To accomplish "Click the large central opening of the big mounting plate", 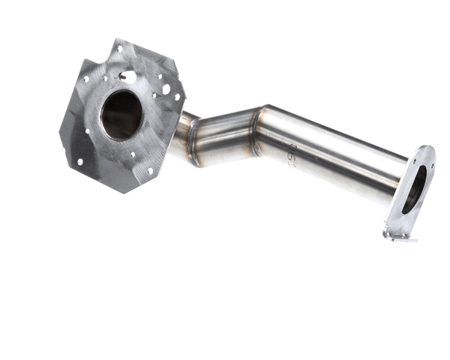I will pyautogui.click(x=121, y=115).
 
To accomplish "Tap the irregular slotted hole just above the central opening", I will pyautogui.click(x=128, y=76).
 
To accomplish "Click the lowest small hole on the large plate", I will pyautogui.click(x=149, y=171).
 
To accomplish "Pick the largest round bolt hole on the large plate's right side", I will pyautogui.click(x=166, y=89).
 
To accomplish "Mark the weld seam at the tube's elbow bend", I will pyautogui.click(x=257, y=132).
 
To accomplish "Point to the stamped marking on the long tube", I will pyautogui.click(x=291, y=156).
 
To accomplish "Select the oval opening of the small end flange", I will pyautogui.click(x=414, y=189).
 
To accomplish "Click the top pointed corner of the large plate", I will pyautogui.click(x=118, y=40).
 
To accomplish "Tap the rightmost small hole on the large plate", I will pyautogui.click(x=178, y=96).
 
